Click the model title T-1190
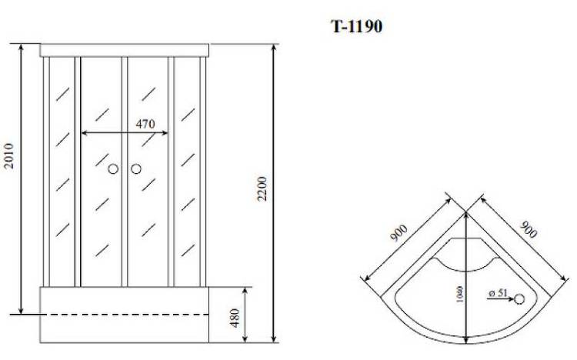[x=356, y=26]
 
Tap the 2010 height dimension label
[x=8, y=155]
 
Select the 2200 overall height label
[x=262, y=188]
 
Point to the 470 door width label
[x=145, y=124]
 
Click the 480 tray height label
[x=235, y=318]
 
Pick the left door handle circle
[x=113, y=169]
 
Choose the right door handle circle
[x=136, y=169]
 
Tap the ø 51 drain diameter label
[x=499, y=293]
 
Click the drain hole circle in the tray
[x=519, y=299]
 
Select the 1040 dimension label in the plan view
[x=459, y=294]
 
